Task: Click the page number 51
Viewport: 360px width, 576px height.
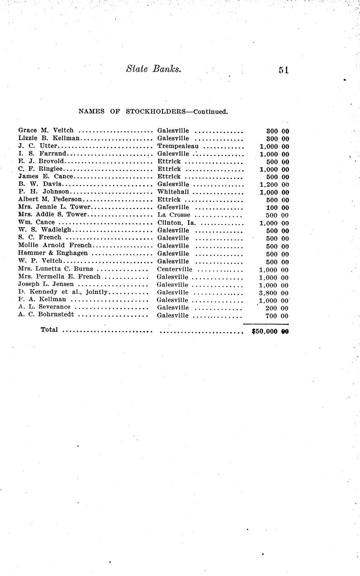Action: (x=284, y=70)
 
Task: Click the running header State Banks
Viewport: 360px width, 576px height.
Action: (x=153, y=69)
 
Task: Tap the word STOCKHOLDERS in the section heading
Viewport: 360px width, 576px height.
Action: (x=155, y=112)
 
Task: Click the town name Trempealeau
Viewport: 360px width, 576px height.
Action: (x=178, y=146)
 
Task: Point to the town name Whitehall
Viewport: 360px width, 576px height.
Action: (x=173, y=192)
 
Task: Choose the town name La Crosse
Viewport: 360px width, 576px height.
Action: (x=174, y=215)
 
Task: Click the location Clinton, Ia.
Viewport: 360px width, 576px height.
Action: (x=176, y=222)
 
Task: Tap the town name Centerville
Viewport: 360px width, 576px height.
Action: (x=175, y=269)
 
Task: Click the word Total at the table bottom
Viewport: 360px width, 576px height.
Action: (x=49, y=330)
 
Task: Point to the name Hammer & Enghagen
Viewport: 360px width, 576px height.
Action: (x=53, y=253)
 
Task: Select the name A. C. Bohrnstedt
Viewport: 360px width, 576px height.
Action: (x=46, y=314)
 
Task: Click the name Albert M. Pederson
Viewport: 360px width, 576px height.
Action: (x=50, y=200)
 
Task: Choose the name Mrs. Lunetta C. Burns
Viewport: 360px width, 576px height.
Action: (x=56, y=269)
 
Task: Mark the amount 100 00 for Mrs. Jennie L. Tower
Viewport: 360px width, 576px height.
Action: (x=277, y=207)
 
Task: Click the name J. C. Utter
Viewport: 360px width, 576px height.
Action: (x=38, y=146)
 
